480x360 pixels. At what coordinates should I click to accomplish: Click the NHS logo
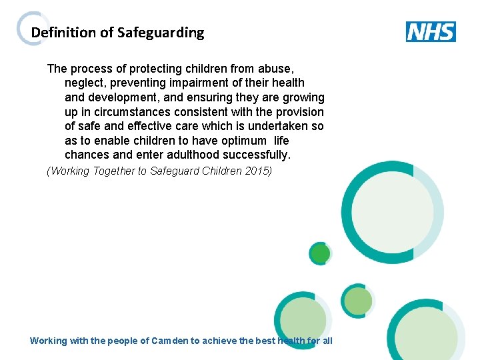(431, 32)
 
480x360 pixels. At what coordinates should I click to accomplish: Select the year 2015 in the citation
(258, 171)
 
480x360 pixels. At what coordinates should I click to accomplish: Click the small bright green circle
(321, 253)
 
